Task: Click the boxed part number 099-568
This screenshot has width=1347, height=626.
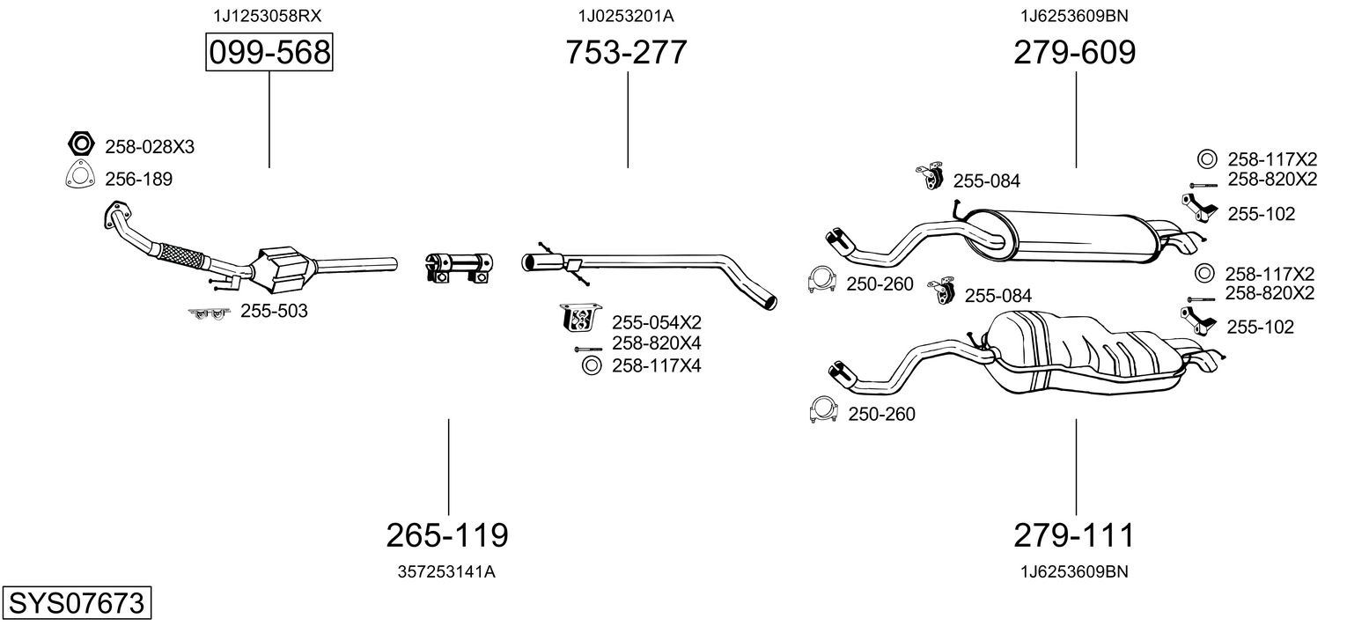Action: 269,53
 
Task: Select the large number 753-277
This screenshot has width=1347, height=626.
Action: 626,53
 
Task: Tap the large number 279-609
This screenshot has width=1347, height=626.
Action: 1074,53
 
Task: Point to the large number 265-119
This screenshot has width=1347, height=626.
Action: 447,534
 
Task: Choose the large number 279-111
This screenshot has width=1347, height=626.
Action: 1074,534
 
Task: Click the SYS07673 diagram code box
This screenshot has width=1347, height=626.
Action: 76,604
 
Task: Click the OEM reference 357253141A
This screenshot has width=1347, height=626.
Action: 447,571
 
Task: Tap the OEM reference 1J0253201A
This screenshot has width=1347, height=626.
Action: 626,16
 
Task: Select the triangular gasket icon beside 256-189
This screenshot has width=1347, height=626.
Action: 80,177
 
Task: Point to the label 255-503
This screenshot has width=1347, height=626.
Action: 274,311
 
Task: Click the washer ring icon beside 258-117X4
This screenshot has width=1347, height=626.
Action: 590,365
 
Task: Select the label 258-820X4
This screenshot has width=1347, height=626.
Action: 656,343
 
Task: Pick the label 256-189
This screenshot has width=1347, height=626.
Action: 138,180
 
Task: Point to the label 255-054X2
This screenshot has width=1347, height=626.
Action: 656,322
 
